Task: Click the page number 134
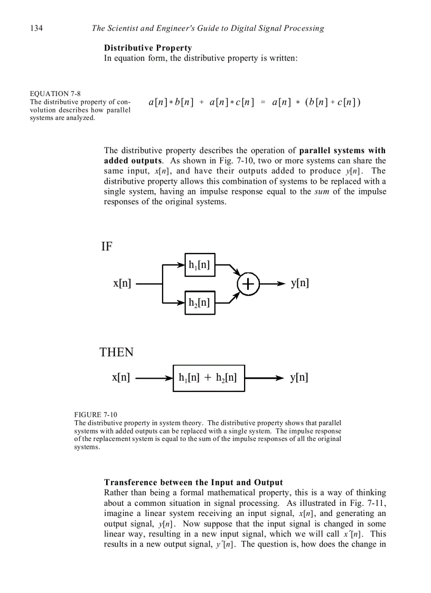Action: click(36, 28)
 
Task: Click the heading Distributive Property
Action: click(148, 48)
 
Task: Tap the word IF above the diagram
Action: click(107, 247)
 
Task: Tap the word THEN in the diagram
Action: click(117, 352)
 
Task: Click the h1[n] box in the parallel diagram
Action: click(200, 265)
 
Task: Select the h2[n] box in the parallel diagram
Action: click(200, 303)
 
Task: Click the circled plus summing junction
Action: click(248, 284)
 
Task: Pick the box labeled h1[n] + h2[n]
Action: click(209, 378)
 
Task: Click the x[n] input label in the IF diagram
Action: click(122, 284)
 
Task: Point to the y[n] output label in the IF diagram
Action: click(300, 284)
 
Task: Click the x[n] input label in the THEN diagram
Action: click(121, 378)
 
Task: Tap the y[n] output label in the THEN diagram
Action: click(299, 378)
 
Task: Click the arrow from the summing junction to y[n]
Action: click(272, 284)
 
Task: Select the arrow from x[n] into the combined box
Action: click(153, 378)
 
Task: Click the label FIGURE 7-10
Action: click(96, 415)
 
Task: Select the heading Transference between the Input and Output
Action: click(193, 483)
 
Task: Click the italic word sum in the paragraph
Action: click(322, 192)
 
